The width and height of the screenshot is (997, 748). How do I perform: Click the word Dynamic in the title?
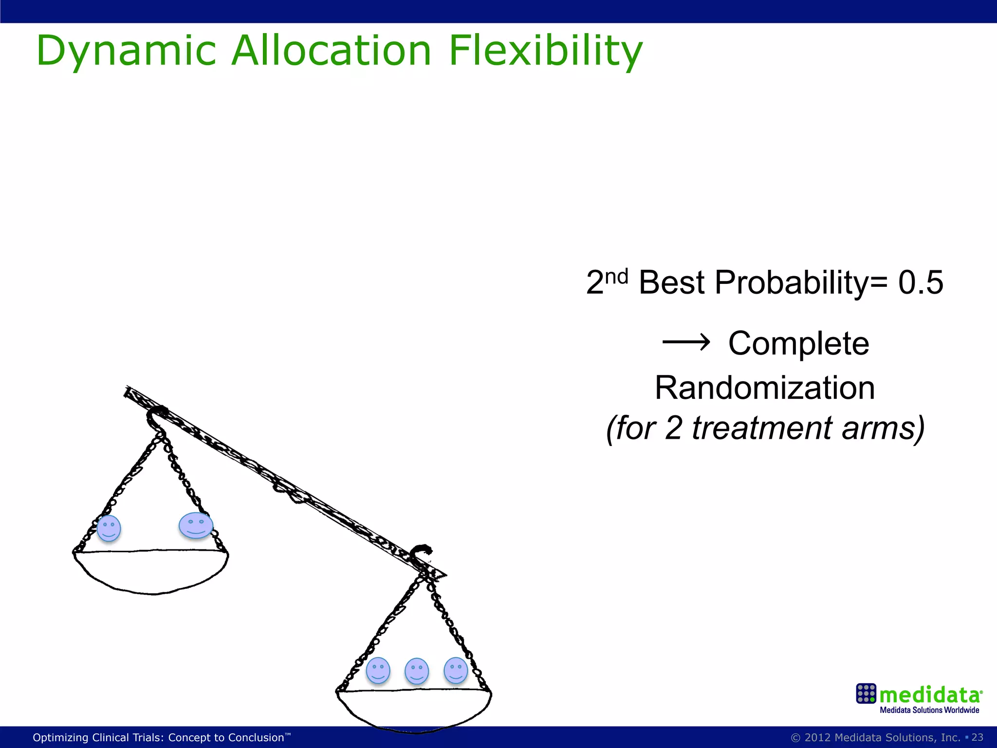click(126, 51)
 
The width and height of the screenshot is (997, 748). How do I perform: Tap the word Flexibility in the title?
click(545, 51)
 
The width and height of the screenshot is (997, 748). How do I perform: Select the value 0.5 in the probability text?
click(921, 282)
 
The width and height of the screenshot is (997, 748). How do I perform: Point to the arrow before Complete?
click(686, 343)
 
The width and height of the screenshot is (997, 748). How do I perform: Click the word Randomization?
click(765, 388)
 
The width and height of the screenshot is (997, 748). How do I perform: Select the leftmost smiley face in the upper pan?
click(109, 528)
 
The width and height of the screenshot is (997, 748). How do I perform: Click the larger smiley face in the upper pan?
click(196, 525)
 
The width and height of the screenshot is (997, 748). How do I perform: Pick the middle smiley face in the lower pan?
click(417, 671)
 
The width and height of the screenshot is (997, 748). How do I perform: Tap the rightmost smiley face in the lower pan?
click(456, 670)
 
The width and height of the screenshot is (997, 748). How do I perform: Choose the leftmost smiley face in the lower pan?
click(378, 671)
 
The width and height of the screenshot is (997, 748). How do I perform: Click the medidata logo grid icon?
click(866, 693)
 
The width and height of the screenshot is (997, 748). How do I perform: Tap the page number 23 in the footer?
click(977, 737)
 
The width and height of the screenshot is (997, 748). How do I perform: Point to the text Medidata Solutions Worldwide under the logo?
click(929, 710)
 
